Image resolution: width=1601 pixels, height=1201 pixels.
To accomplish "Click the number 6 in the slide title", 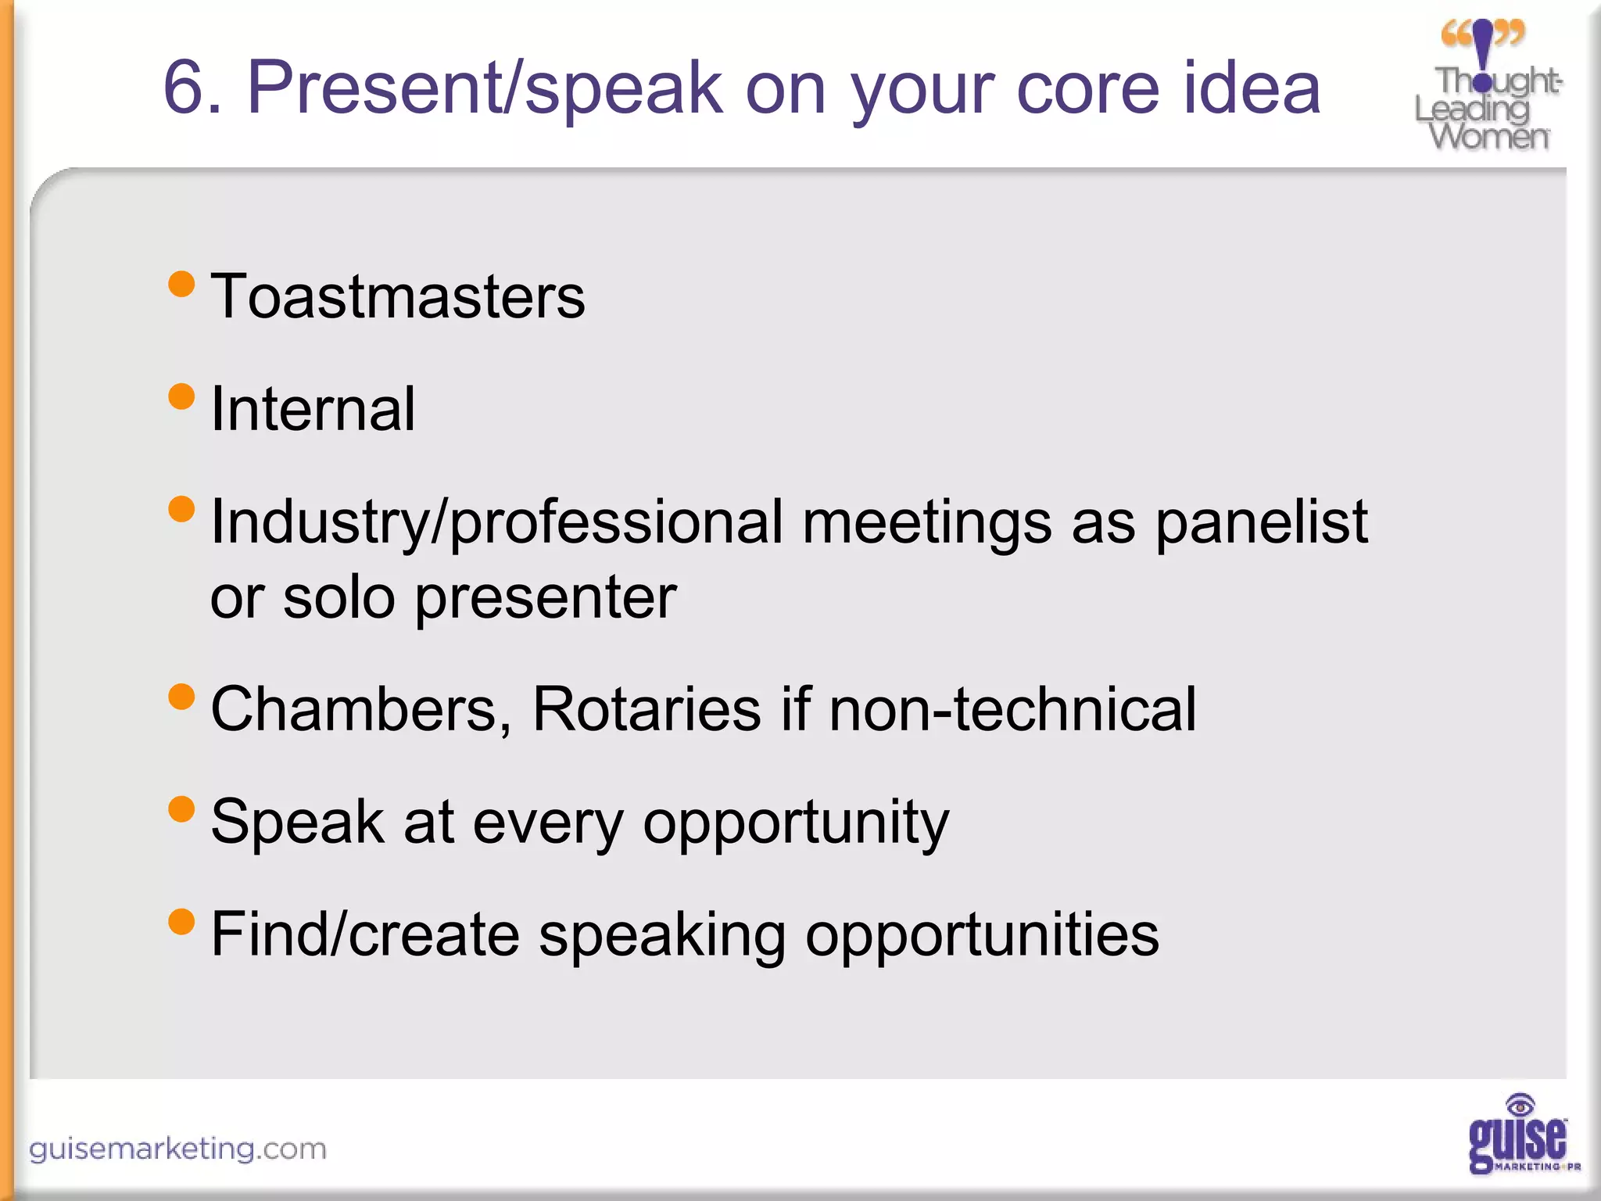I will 184,88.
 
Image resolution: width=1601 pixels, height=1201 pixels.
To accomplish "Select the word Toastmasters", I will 398,297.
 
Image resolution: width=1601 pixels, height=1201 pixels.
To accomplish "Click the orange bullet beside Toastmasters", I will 181,284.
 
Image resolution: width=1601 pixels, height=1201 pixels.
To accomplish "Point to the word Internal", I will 313,409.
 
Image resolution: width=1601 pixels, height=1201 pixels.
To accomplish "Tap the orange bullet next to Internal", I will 181,396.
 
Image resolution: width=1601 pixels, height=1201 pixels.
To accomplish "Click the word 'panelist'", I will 1261,522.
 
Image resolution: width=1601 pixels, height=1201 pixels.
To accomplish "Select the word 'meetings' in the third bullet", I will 926,522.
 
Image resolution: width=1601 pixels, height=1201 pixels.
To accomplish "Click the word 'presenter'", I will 545,598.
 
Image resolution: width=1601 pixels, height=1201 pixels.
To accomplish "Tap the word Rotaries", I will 646,709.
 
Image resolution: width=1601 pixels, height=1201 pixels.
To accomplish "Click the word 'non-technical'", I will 1012,709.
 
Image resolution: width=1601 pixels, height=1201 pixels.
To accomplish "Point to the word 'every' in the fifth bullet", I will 547,823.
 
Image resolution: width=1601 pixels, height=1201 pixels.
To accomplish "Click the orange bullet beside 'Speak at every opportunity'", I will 181,808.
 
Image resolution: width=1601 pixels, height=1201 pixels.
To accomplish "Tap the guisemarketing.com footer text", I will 177,1149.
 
